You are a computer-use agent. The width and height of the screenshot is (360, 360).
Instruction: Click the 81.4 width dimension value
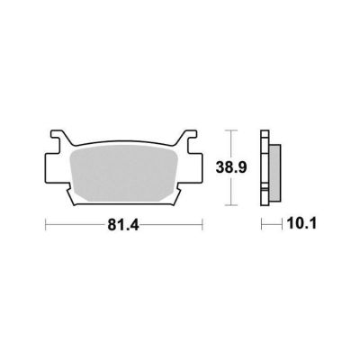point(123,225)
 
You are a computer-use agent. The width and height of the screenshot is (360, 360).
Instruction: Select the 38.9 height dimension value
point(231,168)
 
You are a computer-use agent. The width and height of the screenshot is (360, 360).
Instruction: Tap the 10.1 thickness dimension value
point(301,224)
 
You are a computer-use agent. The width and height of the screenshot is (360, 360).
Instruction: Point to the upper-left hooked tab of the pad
point(58,138)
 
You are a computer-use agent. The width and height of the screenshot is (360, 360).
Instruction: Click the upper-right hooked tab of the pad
point(188,138)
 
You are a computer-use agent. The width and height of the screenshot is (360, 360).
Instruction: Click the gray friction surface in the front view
point(123,173)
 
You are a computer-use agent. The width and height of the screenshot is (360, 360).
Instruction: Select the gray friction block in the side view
point(275,173)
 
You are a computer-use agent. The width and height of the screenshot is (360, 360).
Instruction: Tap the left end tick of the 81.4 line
point(45,225)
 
